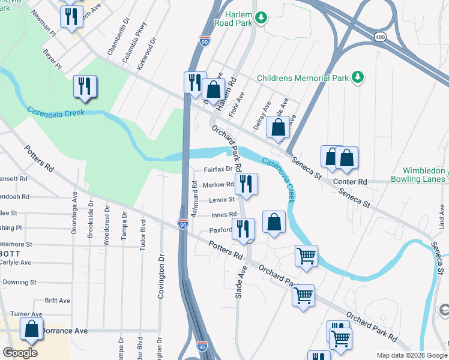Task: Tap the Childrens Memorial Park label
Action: pyautogui.click(x=303, y=78)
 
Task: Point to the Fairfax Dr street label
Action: pyautogui.click(x=218, y=170)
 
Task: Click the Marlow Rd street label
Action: pyautogui.click(x=218, y=185)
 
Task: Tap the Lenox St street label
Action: pyautogui.click(x=222, y=200)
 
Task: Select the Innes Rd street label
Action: pyautogui.click(x=224, y=215)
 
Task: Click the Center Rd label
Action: pyautogui.click(x=349, y=181)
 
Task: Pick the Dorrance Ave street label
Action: pyautogui.click(x=65, y=331)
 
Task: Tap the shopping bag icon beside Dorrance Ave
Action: pyautogui.click(x=31, y=329)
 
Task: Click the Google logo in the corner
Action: pyautogui.click(x=20, y=353)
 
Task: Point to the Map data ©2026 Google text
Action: pyautogui.click(x=411, y=355)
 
